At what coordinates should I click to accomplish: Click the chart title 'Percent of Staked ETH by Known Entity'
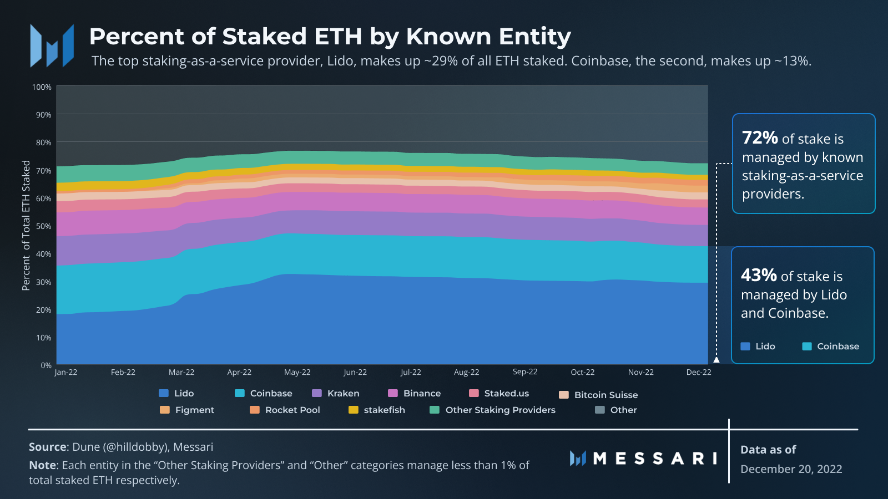point(330,37)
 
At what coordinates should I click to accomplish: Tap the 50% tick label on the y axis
point(43,226)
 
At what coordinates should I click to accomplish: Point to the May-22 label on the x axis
point(297,372)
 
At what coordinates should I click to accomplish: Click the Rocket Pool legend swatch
point(255,410)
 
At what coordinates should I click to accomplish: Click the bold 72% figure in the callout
point(760,137)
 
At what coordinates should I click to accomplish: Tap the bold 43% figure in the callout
point(759,274)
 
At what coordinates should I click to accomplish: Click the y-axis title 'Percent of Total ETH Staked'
point(26,225)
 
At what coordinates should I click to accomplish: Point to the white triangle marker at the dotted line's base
point(717,360)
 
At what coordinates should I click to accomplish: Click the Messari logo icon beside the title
point(52,45)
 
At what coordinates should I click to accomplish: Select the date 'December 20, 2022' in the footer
point(791,469)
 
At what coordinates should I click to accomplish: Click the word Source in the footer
point(48,447)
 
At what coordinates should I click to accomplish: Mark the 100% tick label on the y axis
point(42,87)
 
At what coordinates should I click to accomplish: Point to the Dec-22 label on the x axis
point(698,372)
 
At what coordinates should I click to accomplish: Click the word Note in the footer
point(42,465)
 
